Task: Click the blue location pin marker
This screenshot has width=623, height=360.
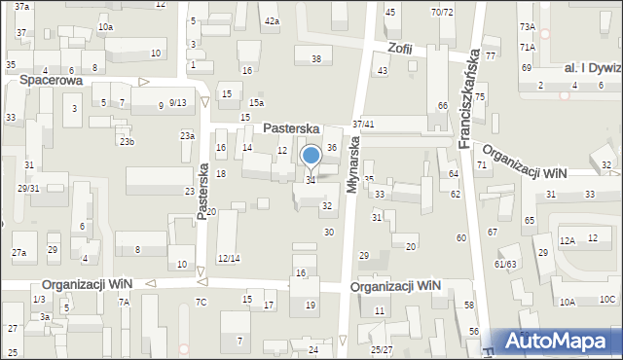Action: [311, 157]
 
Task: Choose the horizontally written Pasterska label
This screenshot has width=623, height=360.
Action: [292, 127]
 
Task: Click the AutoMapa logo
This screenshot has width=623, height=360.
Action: [562, 340]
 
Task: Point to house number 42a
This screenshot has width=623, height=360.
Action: [272, 20]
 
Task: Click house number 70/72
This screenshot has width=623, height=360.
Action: [442, 12]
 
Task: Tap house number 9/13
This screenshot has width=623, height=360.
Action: [177, 103]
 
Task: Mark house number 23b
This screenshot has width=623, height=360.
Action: [127, 142]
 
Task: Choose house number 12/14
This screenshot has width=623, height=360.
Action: [229, 258]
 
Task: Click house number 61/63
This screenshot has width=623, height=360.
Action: [505, 264]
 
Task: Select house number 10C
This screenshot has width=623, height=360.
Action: [607, 300]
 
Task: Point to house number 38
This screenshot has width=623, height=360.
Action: [316, 59]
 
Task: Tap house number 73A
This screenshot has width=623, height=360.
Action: [528, 27]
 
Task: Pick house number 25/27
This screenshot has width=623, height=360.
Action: [381, 349]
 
